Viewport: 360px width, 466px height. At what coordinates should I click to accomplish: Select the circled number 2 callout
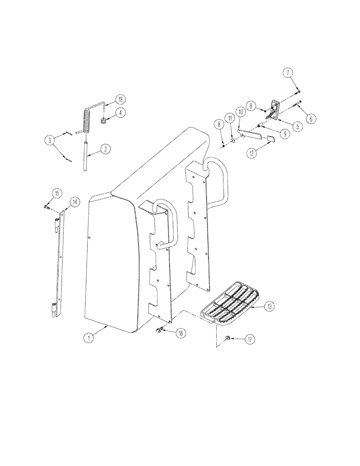point(106,150)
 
